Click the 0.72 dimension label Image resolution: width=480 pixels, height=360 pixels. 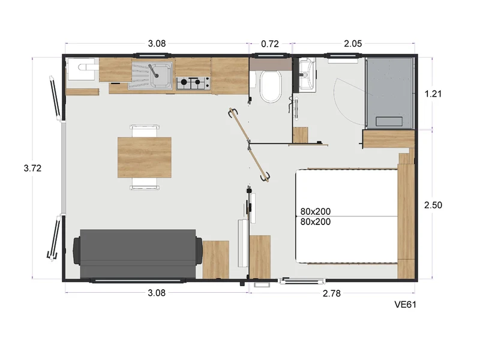pos(269,44)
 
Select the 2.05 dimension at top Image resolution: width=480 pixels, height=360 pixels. pos(353,44)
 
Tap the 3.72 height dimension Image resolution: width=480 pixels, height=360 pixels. pos(32,168)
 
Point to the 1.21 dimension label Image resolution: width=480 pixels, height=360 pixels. pos(433,94)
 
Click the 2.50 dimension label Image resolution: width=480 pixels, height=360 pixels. pos(433,205)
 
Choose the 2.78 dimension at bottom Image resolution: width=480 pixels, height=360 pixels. pos(332,293)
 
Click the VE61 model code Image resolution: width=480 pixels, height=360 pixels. pos(405,305)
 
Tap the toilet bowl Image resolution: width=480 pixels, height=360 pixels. pos(271,86)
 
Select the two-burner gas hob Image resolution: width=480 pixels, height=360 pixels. pos(193,83)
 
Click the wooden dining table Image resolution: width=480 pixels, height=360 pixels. pos(145,157)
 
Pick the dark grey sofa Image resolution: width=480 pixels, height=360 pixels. pos(138,254)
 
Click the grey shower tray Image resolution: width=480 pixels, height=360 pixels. pos(389,93)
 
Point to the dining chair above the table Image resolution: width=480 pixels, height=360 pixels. pos(145,131)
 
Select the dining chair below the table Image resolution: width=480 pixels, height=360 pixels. pos(145,184)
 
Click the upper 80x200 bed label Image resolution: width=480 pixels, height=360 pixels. pos(316,212)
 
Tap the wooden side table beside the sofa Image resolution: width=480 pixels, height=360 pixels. pos(216,260)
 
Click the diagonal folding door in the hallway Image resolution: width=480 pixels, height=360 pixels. pos(249,145)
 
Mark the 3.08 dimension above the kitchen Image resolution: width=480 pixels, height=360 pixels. pos(157,44)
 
